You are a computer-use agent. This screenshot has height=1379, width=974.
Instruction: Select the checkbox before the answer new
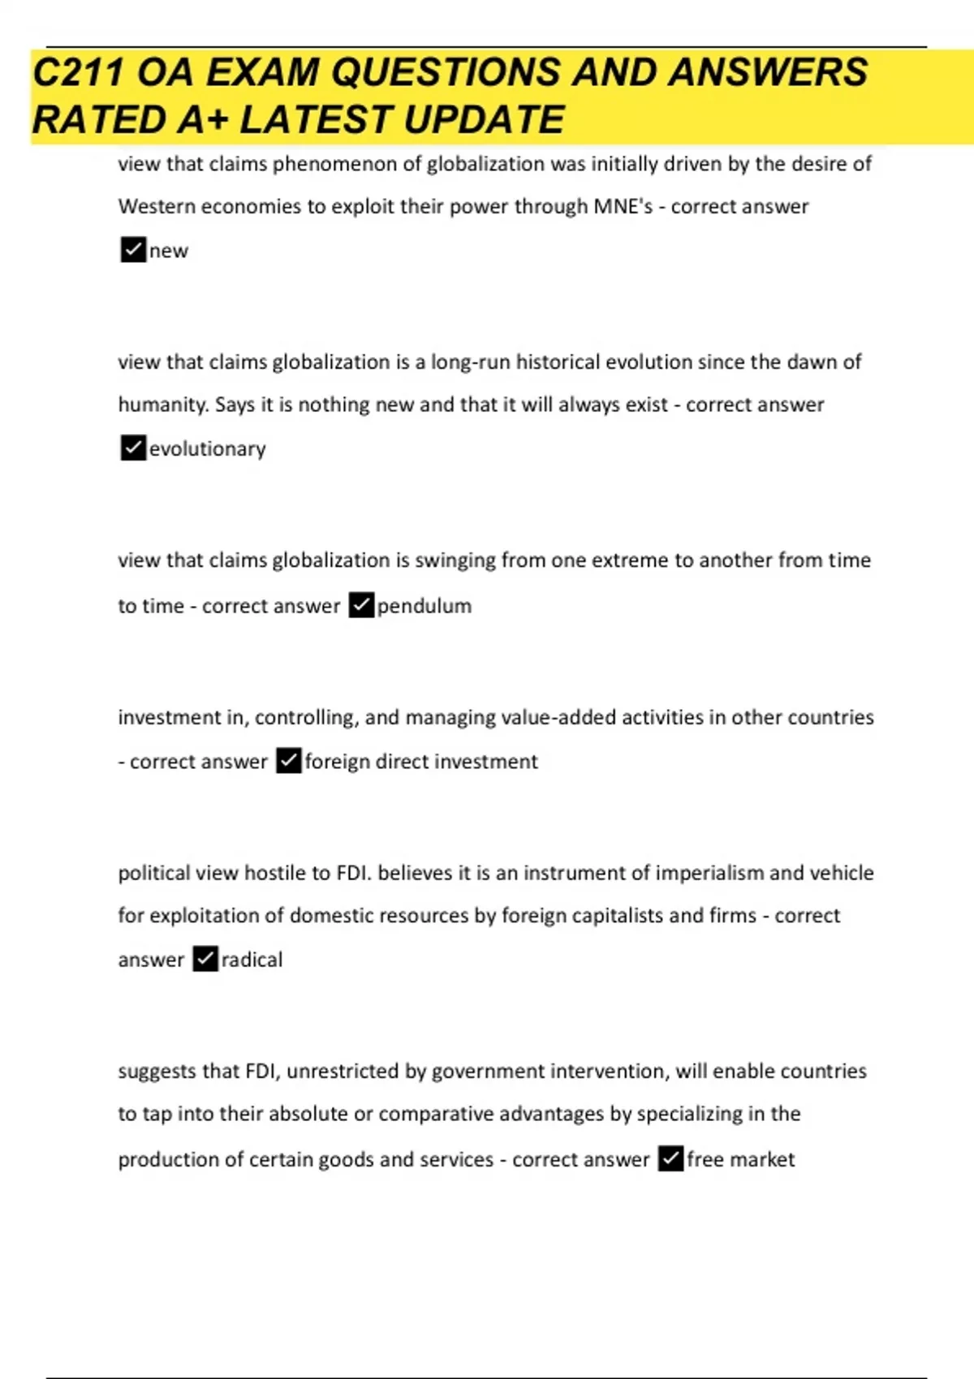pos(133,250)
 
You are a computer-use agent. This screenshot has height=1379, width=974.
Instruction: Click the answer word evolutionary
pos(207,449)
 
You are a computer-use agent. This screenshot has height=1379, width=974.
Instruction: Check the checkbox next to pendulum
pos(361,605)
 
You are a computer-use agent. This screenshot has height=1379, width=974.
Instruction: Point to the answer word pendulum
pos(424,606)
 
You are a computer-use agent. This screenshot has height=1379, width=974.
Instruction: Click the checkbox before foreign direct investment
pos(289,761)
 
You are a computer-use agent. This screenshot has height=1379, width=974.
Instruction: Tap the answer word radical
pos(252,960)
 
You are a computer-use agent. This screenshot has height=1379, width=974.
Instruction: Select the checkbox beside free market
pos(670,1158)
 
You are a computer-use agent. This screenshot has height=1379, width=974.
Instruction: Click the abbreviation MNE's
pos(623,207)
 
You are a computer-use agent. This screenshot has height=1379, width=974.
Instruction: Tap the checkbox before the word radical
pos(205,959)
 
